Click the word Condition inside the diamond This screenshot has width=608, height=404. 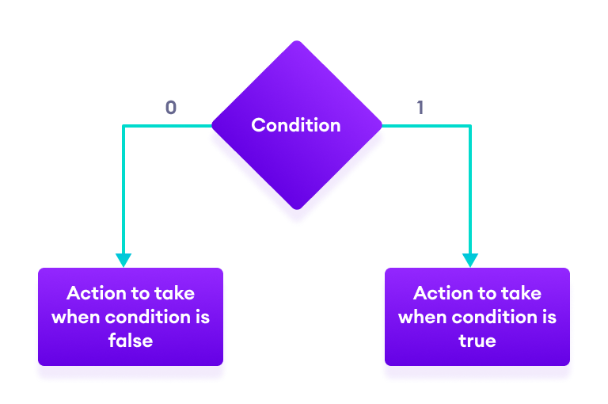click(x=296, y=125)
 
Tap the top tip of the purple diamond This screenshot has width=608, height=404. click(x=297, y=42)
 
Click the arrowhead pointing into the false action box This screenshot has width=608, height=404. click(x=123, y=261)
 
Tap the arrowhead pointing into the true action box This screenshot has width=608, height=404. click(x=470, y=261)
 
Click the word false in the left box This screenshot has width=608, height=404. click(x=131, y=341)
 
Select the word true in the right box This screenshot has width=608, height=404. click(x=477, y=341)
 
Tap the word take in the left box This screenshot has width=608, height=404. click(x=175, y=293)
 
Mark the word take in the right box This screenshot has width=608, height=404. click(x=522, y=293)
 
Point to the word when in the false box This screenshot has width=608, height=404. click(x=73, y=317)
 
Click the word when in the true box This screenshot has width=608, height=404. click(x=420, y=317)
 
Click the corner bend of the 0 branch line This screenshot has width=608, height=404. click(x=123, y=126)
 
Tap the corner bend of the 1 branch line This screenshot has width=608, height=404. click(x=470, y=126)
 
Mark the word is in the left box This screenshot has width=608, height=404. click(x=203, y=317)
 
